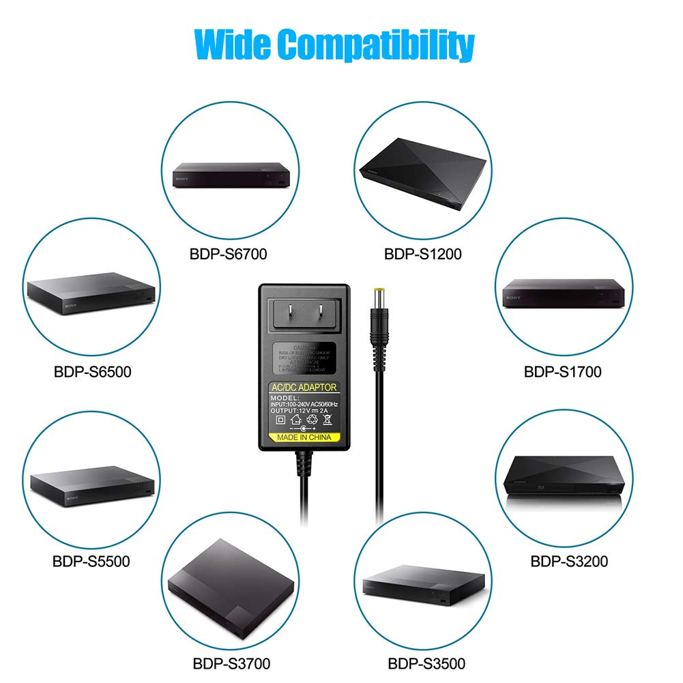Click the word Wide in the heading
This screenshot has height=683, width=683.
(x=232, y=44)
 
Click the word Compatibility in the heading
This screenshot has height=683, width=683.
(x=376, y=46)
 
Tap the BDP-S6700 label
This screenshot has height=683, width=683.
(x=228, y=254)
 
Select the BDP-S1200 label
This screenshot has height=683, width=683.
(x=422, y=254)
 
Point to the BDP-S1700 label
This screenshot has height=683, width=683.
(x=562, y=372)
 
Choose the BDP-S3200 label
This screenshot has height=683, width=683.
(x=569, y=562)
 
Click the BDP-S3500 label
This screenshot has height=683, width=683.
(x=426, y=663)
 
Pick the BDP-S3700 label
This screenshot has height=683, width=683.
(x=232, y=663)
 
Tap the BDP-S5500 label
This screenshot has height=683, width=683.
(x=91, y=562)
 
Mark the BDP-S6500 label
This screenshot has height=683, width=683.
(x=92, y=372)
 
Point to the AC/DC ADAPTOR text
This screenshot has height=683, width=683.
(x=304, y=388)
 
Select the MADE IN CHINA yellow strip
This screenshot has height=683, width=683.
(x=304, y=437)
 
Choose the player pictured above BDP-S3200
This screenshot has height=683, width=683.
(x=563, y=481)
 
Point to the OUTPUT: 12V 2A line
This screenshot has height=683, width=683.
(x=304, y=411)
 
